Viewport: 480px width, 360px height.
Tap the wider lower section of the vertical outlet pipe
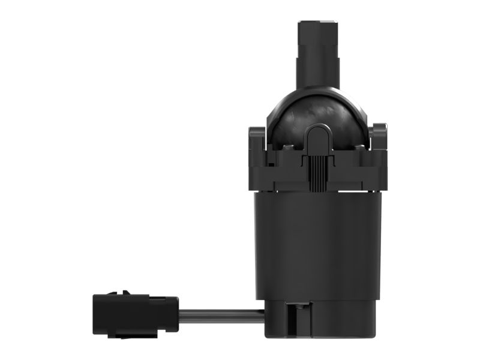pyautogui.click(x=319, y=69)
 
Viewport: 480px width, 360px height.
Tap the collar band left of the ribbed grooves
pyautogui.click(x=282, y=174)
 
